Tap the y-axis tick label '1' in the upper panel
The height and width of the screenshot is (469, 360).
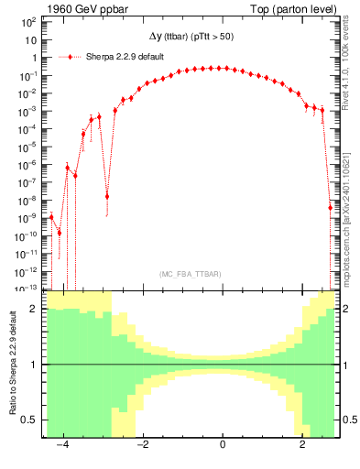34,58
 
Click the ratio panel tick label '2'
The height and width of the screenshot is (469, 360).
34,310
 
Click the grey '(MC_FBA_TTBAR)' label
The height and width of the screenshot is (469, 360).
191,274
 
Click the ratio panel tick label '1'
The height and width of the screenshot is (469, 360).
34,365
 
